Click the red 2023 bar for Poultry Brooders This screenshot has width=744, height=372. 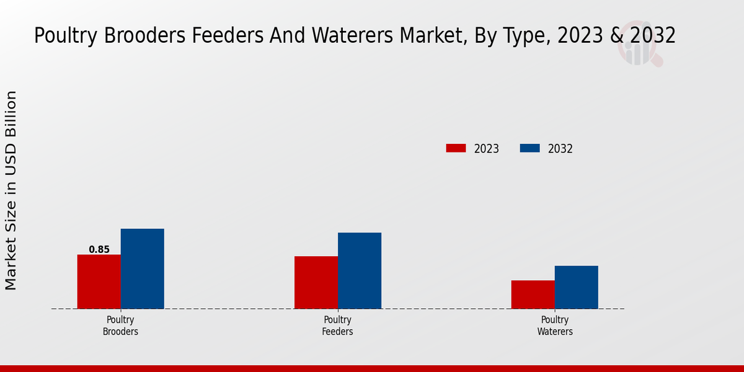coord(99,281)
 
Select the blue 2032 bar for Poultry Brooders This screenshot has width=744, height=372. coord(143,268)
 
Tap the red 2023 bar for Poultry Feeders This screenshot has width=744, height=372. coord(316,282)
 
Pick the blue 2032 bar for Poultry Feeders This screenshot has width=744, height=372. coord(360,270)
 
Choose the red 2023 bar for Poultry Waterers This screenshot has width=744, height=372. coord(533,294)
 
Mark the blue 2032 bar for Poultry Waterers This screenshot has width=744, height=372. coord(577,287)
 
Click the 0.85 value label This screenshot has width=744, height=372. coord(99,250)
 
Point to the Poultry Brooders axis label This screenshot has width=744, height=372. coord(120,325)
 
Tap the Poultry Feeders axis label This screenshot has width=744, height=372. coord(337,325)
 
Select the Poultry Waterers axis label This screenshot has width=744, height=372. coord(554,325)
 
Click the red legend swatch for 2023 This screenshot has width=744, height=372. coord(456,148)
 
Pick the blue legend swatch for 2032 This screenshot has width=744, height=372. coord(529,148)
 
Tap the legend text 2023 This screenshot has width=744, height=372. coord(487,149)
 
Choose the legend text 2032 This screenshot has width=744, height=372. coord(560,149)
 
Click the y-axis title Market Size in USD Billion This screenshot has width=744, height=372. coord(11,190)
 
